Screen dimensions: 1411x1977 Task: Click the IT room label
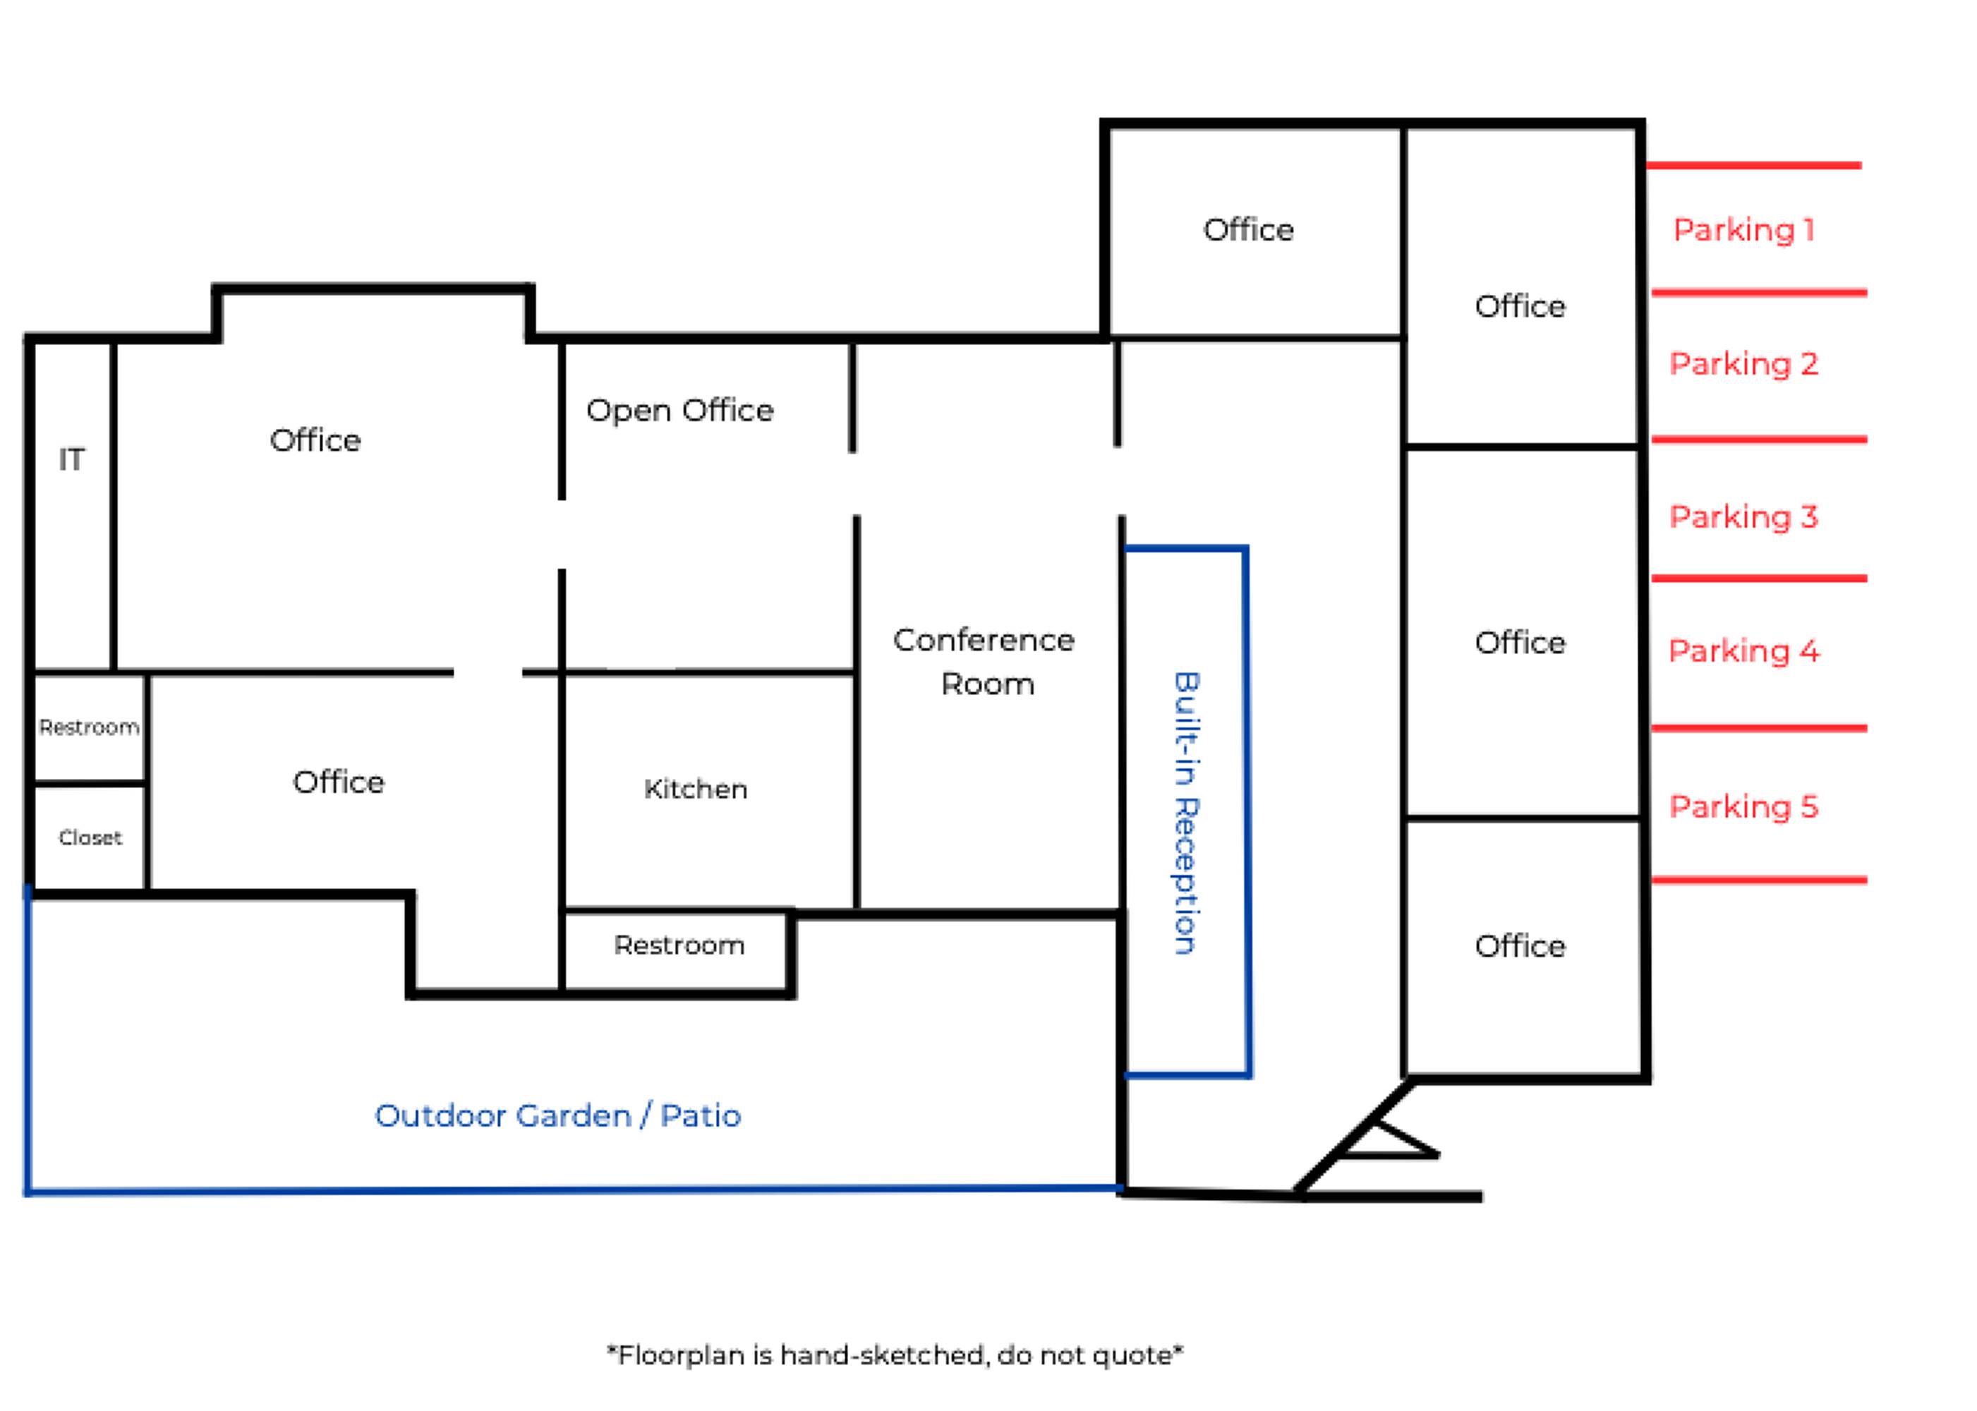(71, 459)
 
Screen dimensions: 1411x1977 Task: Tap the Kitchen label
(695, 789)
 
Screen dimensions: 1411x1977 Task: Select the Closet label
(90, 837)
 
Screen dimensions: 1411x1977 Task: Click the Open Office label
(679, 410)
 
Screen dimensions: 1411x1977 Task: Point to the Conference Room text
(984, 661)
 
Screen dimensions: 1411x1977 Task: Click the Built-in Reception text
(1186, 813)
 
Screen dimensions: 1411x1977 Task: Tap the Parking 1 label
(1743, 229)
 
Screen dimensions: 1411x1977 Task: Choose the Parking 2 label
(1743, 363)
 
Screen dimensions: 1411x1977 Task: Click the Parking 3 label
(1743, 517)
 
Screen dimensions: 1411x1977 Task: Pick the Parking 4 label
(1743, 650)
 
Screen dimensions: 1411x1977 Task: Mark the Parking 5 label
(1743, 806)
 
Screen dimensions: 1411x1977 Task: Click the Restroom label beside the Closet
(89, 727)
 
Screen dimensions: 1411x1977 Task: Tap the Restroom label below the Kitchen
(679, 945)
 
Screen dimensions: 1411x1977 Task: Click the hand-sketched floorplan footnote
(894, 1355)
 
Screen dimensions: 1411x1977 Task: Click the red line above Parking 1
(1753, 165)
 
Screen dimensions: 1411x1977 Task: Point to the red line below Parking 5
(1759, 880)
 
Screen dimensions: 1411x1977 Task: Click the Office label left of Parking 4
(1520, 643)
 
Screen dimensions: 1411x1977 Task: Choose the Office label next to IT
(315, 440)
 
